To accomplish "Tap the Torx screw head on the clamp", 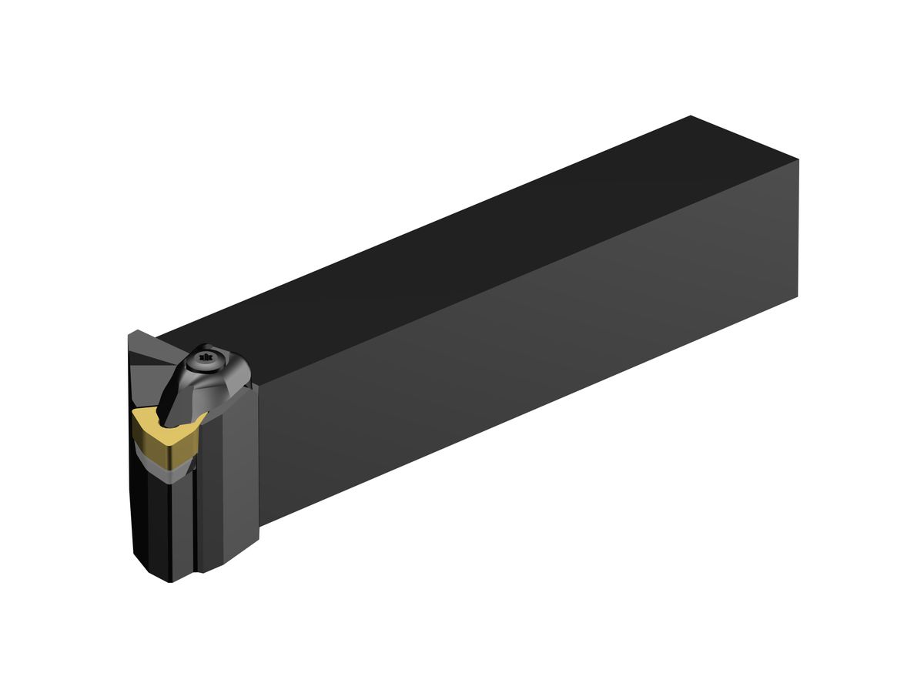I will pos(205,358).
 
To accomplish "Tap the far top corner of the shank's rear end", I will pos(691,116).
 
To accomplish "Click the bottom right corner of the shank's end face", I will pos(798,296).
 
